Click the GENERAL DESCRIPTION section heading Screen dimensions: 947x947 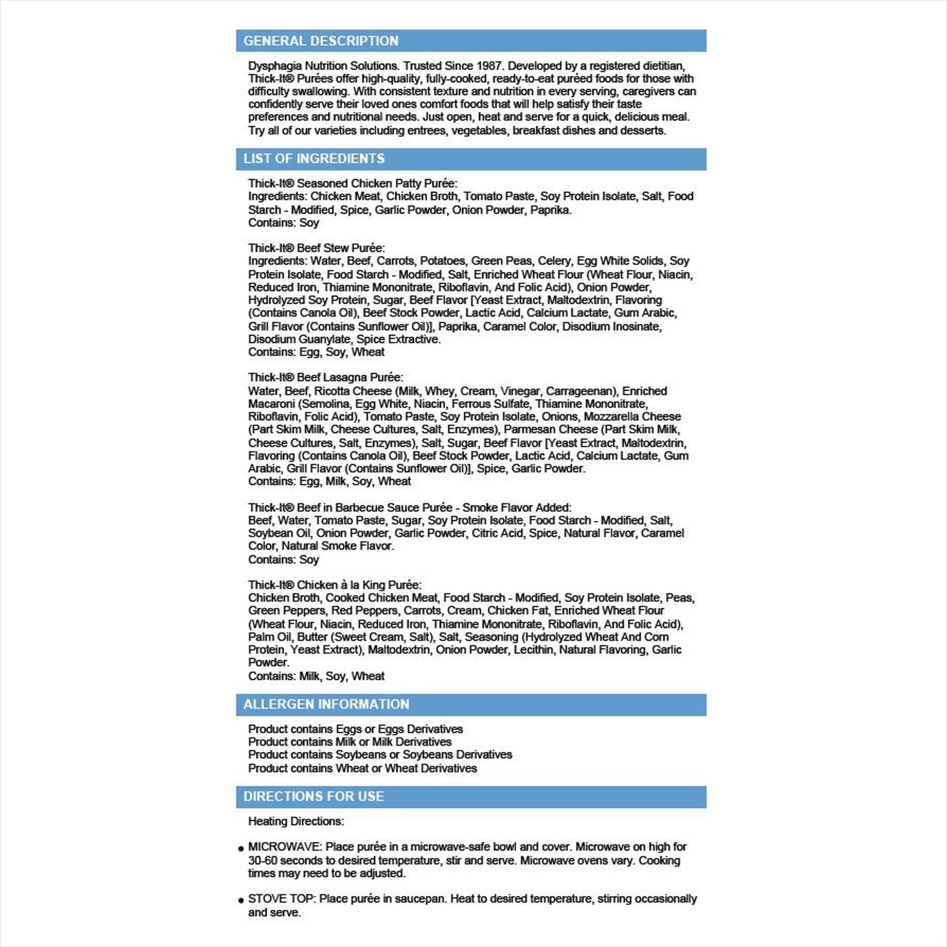321,41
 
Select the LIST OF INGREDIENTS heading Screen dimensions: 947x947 314,159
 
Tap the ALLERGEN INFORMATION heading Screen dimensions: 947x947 326,704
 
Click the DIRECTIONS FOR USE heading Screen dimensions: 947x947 314,797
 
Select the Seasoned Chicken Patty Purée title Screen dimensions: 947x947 352,184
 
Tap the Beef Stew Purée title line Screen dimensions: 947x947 316,248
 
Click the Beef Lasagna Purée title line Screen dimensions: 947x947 326,378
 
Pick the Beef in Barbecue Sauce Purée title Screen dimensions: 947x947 409,508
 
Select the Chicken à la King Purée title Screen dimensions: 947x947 335,585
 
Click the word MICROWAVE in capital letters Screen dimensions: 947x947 284,847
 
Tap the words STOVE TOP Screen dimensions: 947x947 281,899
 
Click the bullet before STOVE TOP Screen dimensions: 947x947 241,901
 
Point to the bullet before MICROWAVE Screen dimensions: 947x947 241,849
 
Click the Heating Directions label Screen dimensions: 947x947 296,822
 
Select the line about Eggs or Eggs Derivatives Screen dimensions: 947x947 355,729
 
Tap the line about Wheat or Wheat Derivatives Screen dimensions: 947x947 362,768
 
